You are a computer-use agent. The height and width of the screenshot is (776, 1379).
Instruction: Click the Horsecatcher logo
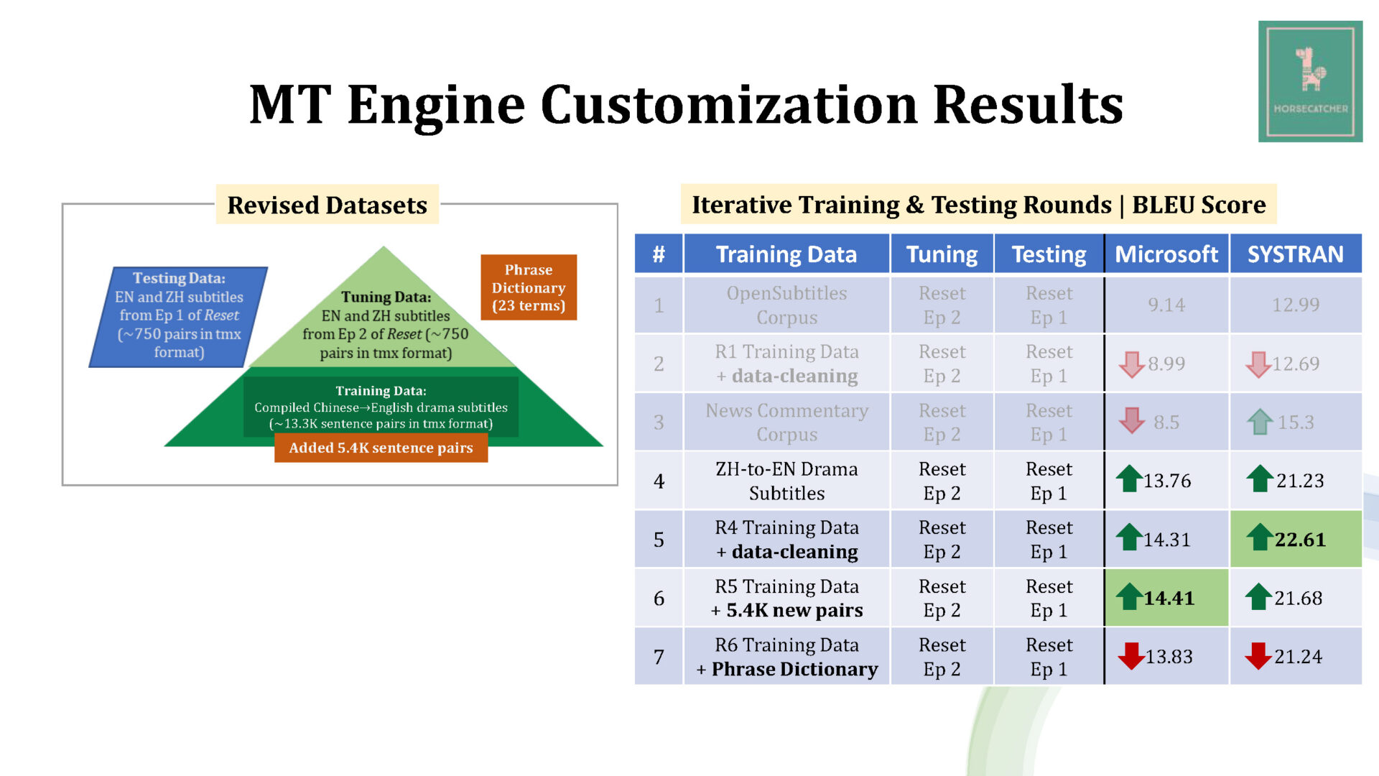1310,81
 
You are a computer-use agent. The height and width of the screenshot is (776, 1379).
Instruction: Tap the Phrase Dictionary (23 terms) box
529,287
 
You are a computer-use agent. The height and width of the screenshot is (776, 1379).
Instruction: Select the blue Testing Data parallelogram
179,317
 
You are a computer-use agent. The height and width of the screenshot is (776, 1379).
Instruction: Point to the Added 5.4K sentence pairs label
381,448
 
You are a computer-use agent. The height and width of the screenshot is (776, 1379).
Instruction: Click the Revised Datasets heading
328,205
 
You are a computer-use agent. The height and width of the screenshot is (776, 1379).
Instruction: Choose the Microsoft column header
1166,254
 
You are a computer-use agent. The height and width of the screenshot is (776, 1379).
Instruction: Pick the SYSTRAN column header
1296,254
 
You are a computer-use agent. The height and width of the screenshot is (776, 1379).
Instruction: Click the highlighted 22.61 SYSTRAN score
1296,539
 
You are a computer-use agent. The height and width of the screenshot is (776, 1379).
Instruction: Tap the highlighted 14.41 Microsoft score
1166,597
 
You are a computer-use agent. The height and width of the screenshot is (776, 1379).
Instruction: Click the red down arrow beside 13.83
1131,655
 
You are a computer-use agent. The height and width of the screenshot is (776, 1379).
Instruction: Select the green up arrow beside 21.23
1260,479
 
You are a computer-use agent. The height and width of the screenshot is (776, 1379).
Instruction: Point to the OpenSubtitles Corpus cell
786,305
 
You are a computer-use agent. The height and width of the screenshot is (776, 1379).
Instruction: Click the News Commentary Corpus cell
786,422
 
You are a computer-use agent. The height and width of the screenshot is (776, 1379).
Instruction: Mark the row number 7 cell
659,656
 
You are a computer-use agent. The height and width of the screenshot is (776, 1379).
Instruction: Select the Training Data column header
786,254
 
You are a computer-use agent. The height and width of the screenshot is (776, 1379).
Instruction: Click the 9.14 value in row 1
1166,305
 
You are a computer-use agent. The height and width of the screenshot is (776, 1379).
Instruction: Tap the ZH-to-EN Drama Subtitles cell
786,481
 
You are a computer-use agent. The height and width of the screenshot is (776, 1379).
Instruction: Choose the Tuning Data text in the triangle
386,325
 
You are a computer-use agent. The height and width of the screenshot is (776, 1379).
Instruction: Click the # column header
659,254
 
